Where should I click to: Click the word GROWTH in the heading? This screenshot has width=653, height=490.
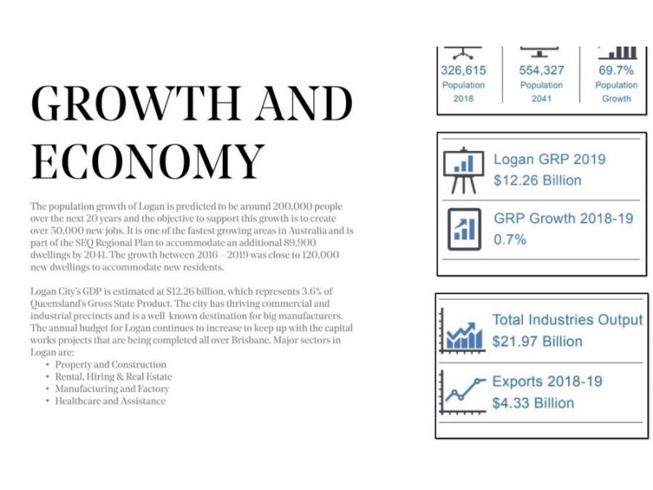click(x=135, y=103)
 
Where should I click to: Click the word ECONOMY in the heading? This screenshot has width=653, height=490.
click(x=148, y=162)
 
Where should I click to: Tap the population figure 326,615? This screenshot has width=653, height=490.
click(x=464, y=70)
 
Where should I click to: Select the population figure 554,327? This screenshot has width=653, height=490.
click(x=541, y=70)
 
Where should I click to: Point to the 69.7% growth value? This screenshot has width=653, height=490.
click(x=616, y=70)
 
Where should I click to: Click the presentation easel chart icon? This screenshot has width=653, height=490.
click(x=464, y=171)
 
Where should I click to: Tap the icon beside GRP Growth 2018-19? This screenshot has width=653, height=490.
click(x=464, y=229)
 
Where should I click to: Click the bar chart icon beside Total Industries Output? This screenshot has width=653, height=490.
click(x=463, y=332)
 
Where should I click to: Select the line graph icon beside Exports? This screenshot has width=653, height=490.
click(x=463, y=393)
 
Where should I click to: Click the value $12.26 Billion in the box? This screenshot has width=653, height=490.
click(x=537, y=180)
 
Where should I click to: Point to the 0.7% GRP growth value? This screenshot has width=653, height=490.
click(x=509, y=239)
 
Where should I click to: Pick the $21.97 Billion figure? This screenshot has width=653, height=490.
click(x=537, y=341)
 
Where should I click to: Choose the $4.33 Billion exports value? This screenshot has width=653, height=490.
click(x=533, y=403)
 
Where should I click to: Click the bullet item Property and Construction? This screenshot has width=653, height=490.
click(x=111, y=364)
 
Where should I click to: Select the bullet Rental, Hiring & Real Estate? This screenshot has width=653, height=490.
click(x=113, y=376)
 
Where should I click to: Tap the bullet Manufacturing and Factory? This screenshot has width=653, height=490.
click(x=112, y=389)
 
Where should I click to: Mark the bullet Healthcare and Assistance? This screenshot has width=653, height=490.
click(x=110, y=401)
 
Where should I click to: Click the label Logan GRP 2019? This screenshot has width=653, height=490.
click(x=549, y=159)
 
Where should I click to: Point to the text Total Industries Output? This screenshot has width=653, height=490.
click(x=567, y=319)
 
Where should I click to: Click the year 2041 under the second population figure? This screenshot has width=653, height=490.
click(x=541, y=99)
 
